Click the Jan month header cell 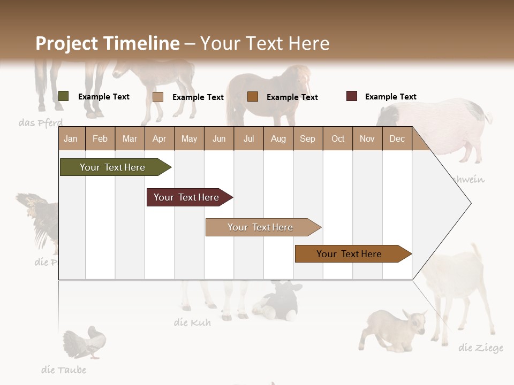(x=71, y=138)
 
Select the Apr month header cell (x=160, y=138)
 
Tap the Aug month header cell (x=278, y=138)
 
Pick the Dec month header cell (x=397, y=138)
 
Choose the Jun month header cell (x=219, y=138)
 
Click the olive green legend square (x=64, y=96)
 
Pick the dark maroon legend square (x=352, y=96)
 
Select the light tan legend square (x=158, y=97)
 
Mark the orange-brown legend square (x=253, y=96)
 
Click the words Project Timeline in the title (x=108, y=43)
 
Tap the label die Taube (x=64, y=369)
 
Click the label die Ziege (x=481, y=348)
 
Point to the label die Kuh (x=192, y=322)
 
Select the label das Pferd (x=41, y=123)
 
